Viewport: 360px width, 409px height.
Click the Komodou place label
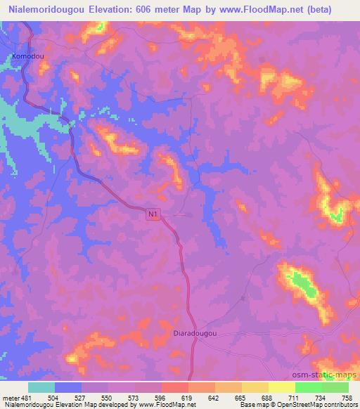coord(27,54)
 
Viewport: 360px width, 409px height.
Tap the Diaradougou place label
coord(195,335)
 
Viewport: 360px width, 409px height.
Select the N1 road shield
coord(153,214)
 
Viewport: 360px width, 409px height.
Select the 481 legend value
coord(27,397)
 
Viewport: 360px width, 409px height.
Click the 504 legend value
coord(56,397)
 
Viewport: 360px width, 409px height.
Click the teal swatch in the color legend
coord(41,387)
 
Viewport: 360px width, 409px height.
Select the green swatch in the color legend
coord(309,387)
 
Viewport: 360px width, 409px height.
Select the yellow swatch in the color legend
coord(282,387)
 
